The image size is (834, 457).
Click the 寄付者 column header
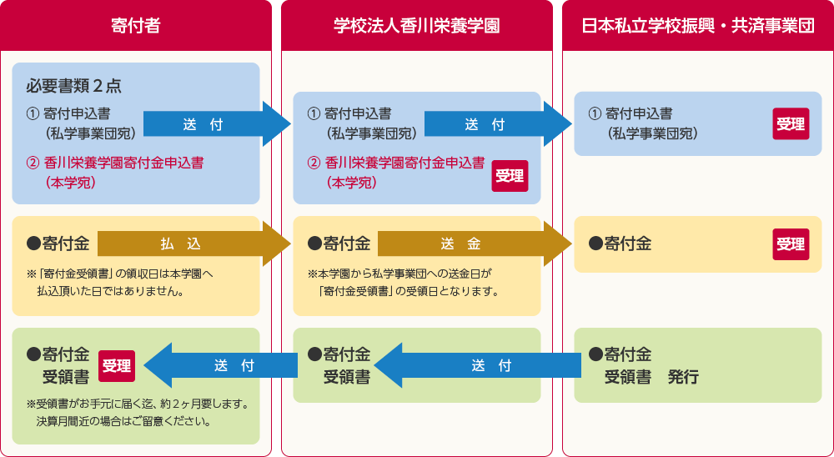135,26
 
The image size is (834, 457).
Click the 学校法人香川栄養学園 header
416,26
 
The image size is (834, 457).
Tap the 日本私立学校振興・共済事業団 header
697,26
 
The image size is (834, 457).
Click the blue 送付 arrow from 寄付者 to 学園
215,125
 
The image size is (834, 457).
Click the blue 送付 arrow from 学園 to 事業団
496,125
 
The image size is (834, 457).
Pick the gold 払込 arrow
192,244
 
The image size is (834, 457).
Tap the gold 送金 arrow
472,244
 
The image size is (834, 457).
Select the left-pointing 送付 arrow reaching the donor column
221,365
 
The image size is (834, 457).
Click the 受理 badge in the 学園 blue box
510,175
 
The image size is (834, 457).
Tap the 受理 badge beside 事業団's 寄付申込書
791,124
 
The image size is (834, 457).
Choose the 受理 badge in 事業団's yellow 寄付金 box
791,244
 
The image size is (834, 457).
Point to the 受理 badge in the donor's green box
117,365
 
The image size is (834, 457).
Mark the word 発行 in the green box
683,377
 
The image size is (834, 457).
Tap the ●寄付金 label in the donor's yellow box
58,244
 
